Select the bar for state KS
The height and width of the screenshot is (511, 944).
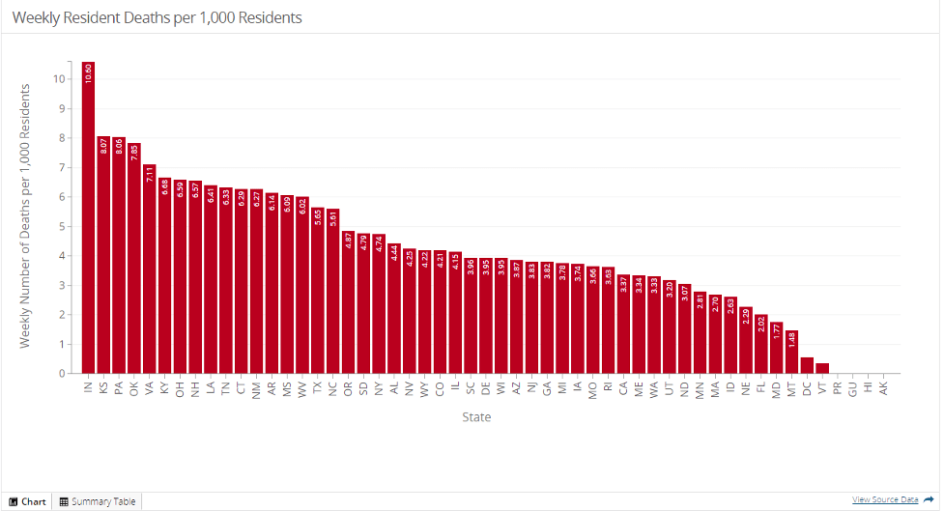click(x=103, y=261)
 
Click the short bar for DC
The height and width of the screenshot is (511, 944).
click(x=807, y=366)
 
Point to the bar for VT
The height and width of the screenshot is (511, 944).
click(x=822, y=368)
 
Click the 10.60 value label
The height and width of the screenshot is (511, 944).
click(x=88, y=73)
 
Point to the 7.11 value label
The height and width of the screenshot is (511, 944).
click(x=150, y=174)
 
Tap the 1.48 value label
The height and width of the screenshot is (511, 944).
click(x=792, y=340)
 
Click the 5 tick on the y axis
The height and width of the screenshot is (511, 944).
click(x=62, y=226)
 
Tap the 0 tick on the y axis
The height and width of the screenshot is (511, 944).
click(x=62, y=374)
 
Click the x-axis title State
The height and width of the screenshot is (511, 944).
click(x=475, y=417)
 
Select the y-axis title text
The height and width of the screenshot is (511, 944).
click(x=26, y=215)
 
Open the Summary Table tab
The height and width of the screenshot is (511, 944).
click(x=98, y=501)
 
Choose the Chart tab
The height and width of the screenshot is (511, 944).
click(x=28, y=501)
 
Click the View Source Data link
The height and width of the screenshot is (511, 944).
click(x=885, y=499)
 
